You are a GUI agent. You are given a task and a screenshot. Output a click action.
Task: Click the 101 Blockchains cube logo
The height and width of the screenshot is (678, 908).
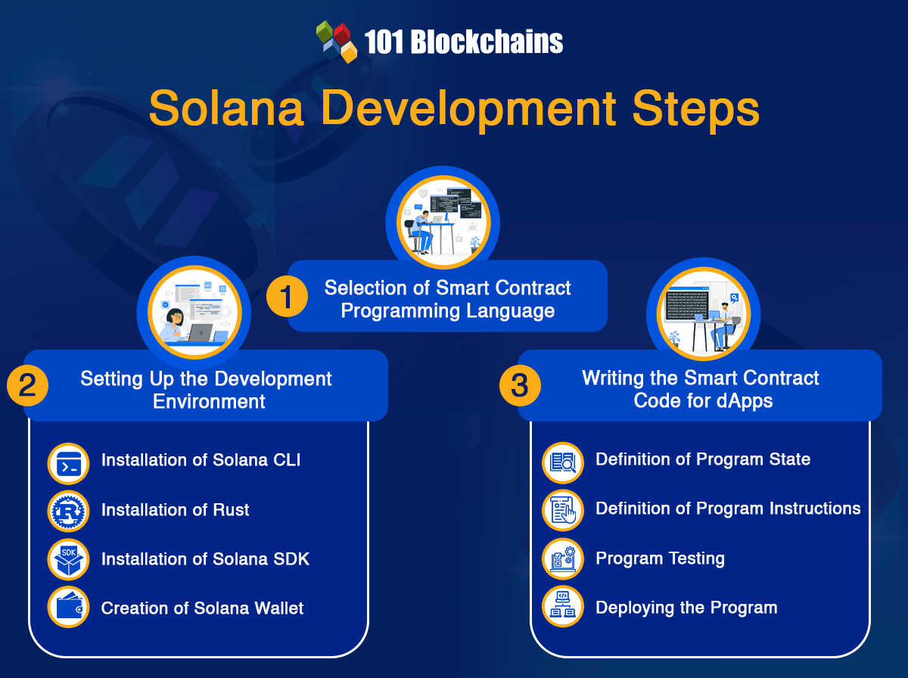point(336,42)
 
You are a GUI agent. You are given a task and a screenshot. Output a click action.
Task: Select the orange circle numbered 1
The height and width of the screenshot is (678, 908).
point(287,297)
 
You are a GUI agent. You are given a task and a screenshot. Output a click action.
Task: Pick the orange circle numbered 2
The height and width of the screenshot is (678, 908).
point(27,386)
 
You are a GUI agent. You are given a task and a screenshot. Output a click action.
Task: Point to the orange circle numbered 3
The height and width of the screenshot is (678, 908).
point(520,386)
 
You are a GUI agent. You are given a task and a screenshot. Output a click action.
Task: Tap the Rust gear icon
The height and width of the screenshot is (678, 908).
point(68,512)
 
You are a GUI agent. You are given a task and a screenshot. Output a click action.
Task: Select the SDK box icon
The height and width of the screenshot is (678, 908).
point(68,560)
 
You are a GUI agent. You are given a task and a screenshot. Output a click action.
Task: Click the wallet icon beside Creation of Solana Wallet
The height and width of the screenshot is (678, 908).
point(68,608)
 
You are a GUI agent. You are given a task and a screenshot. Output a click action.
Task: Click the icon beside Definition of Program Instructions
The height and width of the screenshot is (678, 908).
point(563,510)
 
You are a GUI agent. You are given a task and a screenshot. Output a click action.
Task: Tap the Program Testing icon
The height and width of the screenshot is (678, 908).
point(563,559)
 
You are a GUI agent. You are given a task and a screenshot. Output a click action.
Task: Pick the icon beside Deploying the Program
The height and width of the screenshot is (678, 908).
point(563,607)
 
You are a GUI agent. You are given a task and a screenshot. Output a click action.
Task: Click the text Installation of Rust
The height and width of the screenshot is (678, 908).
point(175,510)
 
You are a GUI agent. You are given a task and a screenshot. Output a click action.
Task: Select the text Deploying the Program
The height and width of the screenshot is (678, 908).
point(686,608)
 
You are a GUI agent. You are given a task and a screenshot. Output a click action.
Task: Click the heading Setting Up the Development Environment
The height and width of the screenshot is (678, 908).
point(207,389)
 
